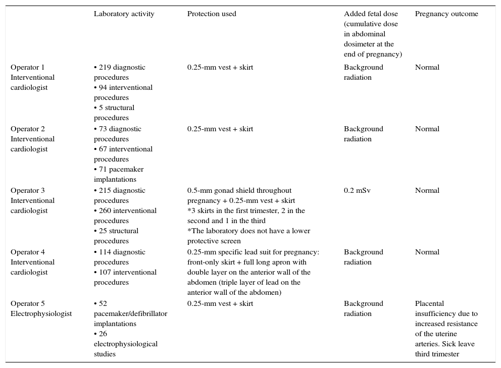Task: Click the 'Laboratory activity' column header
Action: pyautogui.click(x=124, y=14)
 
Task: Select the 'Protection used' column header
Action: pyautogui.click(x=212, y=14)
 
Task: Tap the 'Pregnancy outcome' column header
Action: pyautogui.click(x=446, y=14)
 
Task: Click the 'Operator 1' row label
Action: pyautogui.click(x=28, y=68)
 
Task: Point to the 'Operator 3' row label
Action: pyautogui.click(x=28, y=191)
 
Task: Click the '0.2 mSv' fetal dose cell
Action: pyautogui.click(x=356, y=191)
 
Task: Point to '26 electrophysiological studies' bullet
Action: pyautogui.click(x=125, y=344)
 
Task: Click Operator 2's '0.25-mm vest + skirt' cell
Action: pyautogui.click(x=220, y=129)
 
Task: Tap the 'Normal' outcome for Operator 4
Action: pyautogui.click(x=427, y=252)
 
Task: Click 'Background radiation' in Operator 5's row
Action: pyautogui.click(x=364, y=308)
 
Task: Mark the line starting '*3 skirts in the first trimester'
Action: pyautogui.click(x=246, y=211)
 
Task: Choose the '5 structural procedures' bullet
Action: pyautogui.click(x=115, y=113)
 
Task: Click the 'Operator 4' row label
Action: pyautogui.click(x=28, y=252)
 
